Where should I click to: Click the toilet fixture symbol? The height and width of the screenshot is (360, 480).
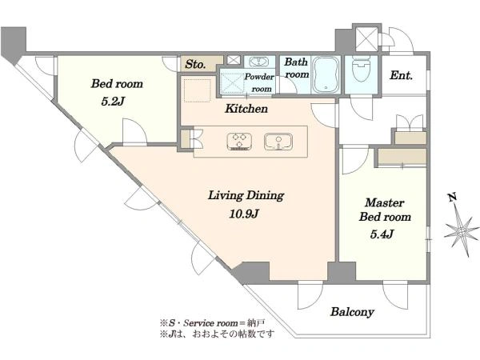tap(362, 69)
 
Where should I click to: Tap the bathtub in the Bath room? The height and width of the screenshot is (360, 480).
tap(326, 74)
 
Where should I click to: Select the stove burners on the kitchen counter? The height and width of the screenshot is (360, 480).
tap(239, 142)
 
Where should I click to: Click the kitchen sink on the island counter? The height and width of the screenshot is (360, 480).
tap(278, 142)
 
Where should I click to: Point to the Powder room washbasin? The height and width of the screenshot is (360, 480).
tap(259, 62)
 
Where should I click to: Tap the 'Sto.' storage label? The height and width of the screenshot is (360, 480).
tap(195, 64)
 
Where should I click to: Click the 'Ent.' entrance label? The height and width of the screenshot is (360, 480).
tap(401, 75)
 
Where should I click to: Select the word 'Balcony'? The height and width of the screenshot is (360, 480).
tap(352, 312)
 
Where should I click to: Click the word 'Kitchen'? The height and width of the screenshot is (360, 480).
tap(246, 108)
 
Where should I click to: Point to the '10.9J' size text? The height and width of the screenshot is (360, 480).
tap(244, 214)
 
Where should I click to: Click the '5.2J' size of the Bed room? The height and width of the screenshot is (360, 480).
tap(113, 102)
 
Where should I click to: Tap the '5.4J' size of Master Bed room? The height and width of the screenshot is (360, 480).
tap(382, 234)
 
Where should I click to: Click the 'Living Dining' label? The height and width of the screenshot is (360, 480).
tap(246, 195)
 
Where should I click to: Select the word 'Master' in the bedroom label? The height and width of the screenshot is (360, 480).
tap(385, 202)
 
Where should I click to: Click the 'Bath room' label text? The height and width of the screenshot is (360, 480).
tap(296, 68)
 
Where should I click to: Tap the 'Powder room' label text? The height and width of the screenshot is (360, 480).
tap(259, 82)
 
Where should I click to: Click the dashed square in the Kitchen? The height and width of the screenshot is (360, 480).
tap(198, 90)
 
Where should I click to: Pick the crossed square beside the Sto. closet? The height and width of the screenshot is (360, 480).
tap(234, 60)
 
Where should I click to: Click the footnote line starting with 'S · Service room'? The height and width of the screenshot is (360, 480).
tap(213, 323)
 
